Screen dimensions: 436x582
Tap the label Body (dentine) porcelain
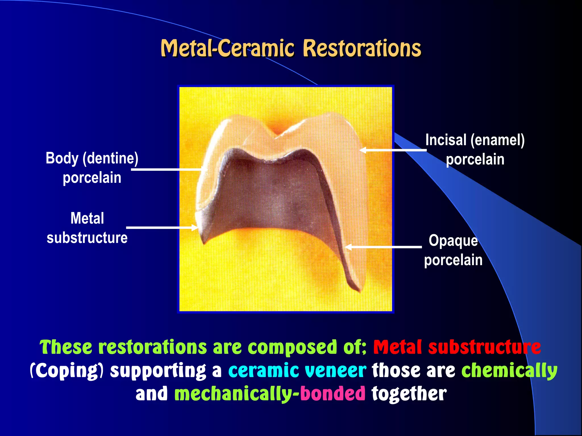tap(92, 167)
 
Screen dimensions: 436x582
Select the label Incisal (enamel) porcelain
tap(475, 150)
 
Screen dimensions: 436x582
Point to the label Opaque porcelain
tap(453, 250)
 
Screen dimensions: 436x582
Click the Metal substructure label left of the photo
tap(87, 228)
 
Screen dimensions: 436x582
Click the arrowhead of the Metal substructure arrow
tap(195, 227)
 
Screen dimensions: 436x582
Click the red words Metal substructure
tap(457, 347)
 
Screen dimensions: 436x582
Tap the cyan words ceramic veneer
tap(297, 370)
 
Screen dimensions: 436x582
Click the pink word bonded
tap(332, 393)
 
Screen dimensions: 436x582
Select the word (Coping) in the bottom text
tap(67, 371)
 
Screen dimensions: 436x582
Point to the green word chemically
tap(509, 370)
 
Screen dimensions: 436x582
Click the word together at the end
tap(409, 393)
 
